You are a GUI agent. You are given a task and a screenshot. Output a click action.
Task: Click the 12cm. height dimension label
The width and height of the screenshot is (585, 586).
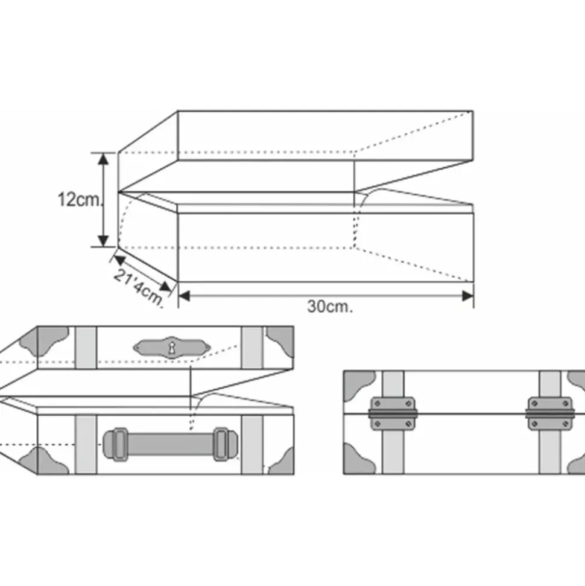coord(80,200)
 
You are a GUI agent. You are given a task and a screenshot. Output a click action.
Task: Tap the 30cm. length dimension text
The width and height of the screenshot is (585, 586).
coord(329,307)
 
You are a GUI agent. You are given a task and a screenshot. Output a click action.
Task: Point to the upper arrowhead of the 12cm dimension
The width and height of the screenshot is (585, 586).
coord(104,158)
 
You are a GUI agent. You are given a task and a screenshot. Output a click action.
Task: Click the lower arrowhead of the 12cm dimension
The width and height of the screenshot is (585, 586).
coord(104,241)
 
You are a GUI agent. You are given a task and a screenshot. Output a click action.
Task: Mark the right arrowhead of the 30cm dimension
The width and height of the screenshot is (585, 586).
coord(467,295)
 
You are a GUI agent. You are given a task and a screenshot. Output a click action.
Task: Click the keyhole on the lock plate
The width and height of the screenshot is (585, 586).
coord(172,347)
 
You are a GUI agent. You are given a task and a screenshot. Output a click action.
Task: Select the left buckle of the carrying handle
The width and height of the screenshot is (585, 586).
coord(116,444)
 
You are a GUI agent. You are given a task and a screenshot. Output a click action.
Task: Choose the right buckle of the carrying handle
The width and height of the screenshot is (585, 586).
coord(221,444)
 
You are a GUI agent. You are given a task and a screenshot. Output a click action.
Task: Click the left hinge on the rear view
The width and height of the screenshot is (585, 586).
coord(393,413)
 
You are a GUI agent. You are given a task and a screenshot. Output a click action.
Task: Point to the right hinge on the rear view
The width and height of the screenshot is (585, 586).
coord(549,413)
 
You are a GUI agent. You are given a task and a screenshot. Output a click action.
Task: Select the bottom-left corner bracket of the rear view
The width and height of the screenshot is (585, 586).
coord(357,460)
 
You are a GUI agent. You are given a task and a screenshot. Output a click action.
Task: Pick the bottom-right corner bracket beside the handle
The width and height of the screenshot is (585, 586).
coord(281,462)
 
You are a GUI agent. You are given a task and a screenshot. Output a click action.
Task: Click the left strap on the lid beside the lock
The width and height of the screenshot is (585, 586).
coord(86,348)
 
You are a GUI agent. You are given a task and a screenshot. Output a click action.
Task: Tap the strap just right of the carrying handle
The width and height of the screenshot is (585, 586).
coord(251,444)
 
